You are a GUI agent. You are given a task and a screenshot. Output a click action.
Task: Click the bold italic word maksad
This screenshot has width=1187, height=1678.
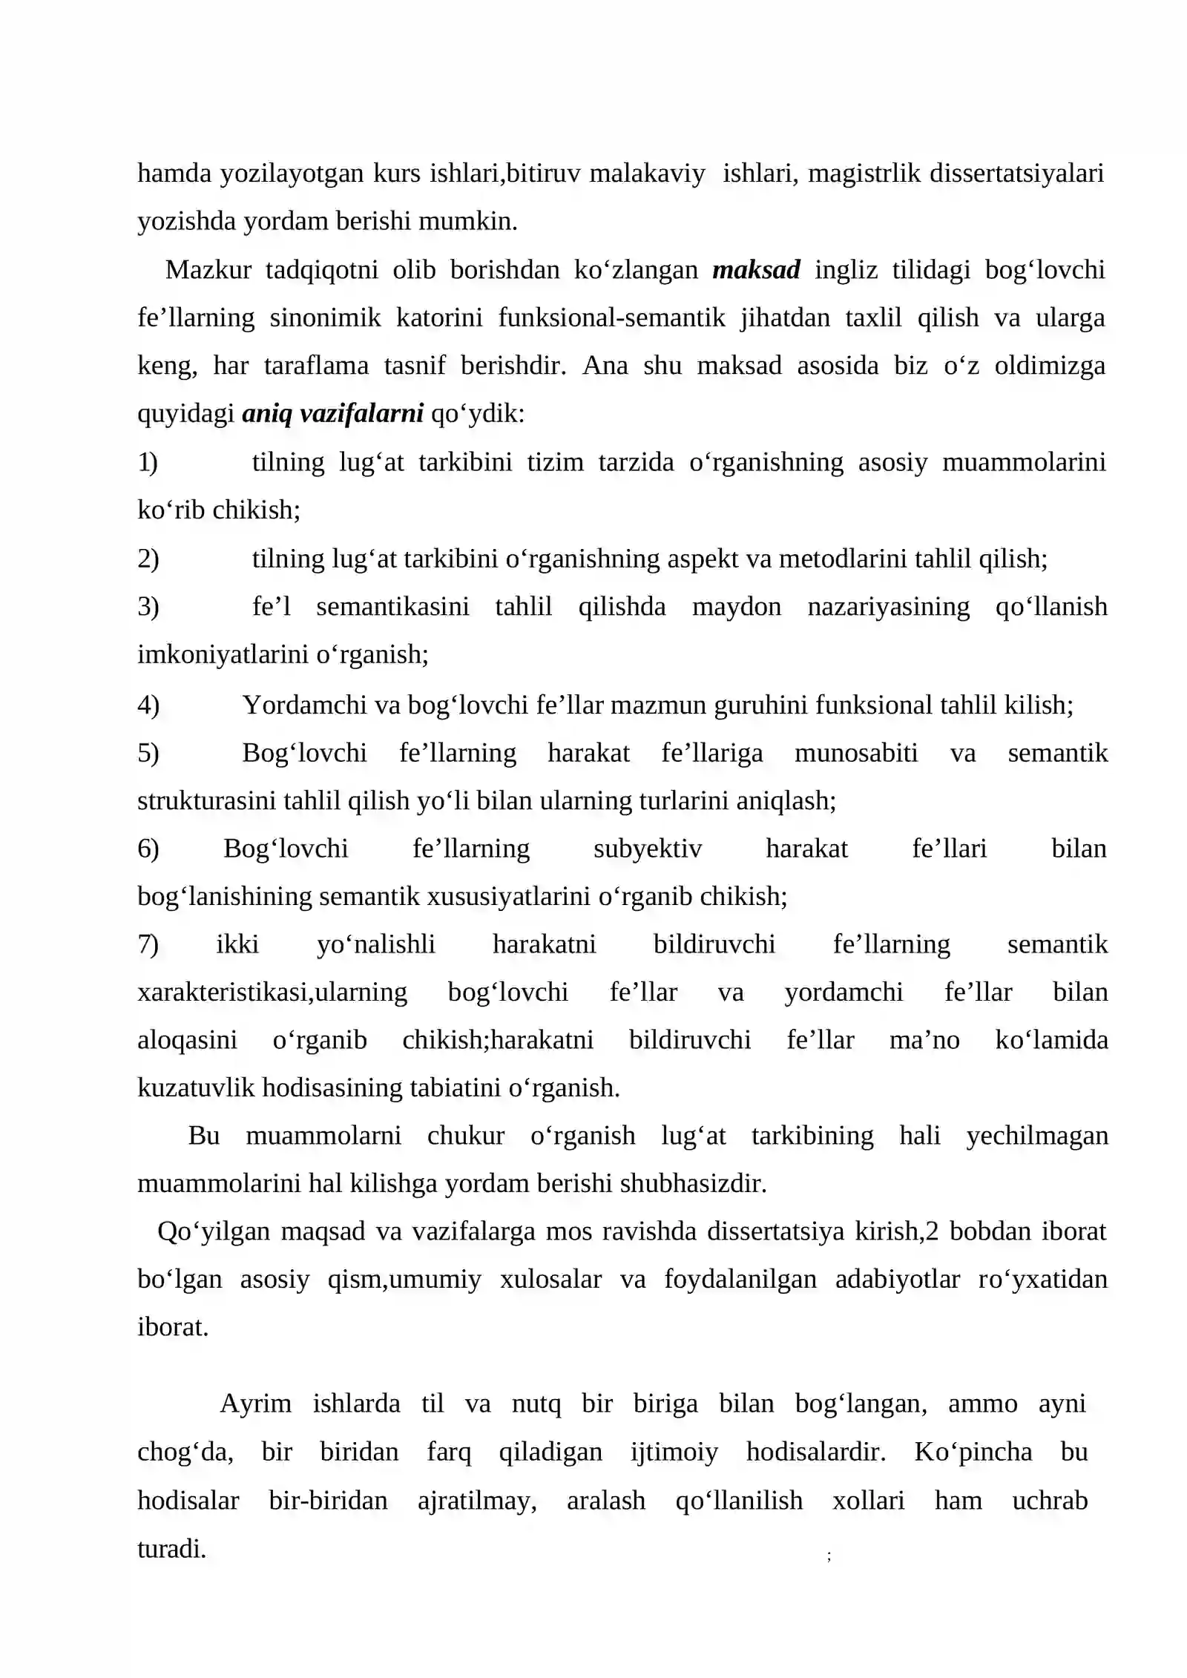(756, 270)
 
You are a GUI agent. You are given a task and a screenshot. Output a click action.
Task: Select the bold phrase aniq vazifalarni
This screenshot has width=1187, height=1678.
(332, 414)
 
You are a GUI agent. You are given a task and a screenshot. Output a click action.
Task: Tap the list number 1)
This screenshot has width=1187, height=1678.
(148, 462)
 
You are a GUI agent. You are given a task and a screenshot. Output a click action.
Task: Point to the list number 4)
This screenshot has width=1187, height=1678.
(148, 705)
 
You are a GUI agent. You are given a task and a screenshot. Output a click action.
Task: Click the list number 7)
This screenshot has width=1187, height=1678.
(148, 944)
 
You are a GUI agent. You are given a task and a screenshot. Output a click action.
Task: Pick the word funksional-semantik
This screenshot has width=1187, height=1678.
(611, 318)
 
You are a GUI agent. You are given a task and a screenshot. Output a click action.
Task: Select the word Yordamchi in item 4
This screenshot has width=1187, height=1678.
(305, 705)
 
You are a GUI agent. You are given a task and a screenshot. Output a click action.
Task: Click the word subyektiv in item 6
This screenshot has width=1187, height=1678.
(648, 849)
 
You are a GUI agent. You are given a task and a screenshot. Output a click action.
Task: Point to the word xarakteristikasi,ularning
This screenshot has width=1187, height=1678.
(272, 993)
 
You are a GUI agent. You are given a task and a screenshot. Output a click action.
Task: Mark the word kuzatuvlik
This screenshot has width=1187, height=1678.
(197, 1088)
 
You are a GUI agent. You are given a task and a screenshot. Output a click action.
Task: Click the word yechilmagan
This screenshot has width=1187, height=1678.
(1037, 1136)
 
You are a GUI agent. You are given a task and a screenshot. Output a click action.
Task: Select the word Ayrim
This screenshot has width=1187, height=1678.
(256, 1404)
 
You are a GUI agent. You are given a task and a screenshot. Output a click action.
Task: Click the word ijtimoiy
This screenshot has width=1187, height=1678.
(674, 1452)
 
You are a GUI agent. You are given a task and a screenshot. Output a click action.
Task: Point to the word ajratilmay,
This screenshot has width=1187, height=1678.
(477, 1500)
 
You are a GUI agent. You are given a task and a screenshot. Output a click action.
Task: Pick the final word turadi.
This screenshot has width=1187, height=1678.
(171, 1548)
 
